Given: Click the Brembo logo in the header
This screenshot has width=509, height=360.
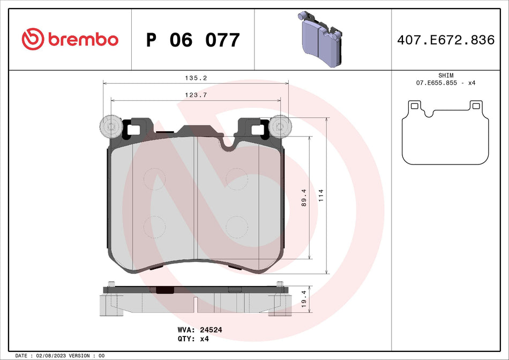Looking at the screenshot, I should (70, 39).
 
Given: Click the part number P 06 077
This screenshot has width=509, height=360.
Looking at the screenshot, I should (193, 40).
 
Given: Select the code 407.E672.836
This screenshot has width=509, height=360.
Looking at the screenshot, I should (446, 40).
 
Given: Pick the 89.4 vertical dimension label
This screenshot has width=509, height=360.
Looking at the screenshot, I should (303, 198).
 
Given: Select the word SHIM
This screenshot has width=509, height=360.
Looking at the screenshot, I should (446, 76).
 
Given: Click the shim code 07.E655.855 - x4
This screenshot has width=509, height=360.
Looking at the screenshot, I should (446, 83).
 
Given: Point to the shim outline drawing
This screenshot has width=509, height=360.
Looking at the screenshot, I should (446, 133).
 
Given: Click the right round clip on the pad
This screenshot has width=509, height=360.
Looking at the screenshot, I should (279, 127).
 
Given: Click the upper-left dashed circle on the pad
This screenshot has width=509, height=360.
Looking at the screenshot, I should (155, 178).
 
